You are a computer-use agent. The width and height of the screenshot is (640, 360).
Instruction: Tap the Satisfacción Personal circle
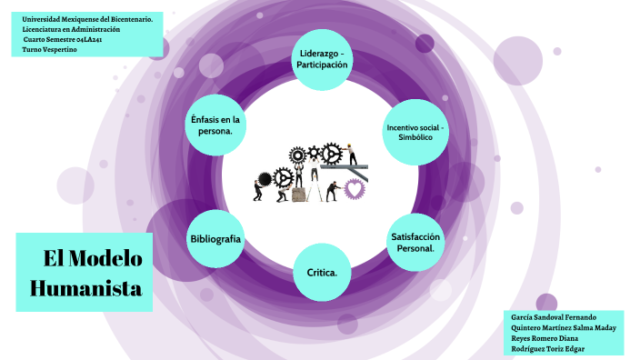pos(415,241)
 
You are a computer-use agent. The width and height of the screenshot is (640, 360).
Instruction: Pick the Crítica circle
pos(322,272)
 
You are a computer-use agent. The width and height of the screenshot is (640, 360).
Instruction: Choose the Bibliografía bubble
pos(215,238)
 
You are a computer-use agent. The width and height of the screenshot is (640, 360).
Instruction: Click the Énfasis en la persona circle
pos(215,125)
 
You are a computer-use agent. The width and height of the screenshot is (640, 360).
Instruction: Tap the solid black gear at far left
pos(265,179)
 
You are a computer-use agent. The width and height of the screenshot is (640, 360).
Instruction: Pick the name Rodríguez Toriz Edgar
pos(548,348)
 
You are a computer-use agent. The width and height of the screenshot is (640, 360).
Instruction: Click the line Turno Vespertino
pos(50,50)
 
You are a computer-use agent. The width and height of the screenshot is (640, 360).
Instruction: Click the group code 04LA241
pos(95,40)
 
